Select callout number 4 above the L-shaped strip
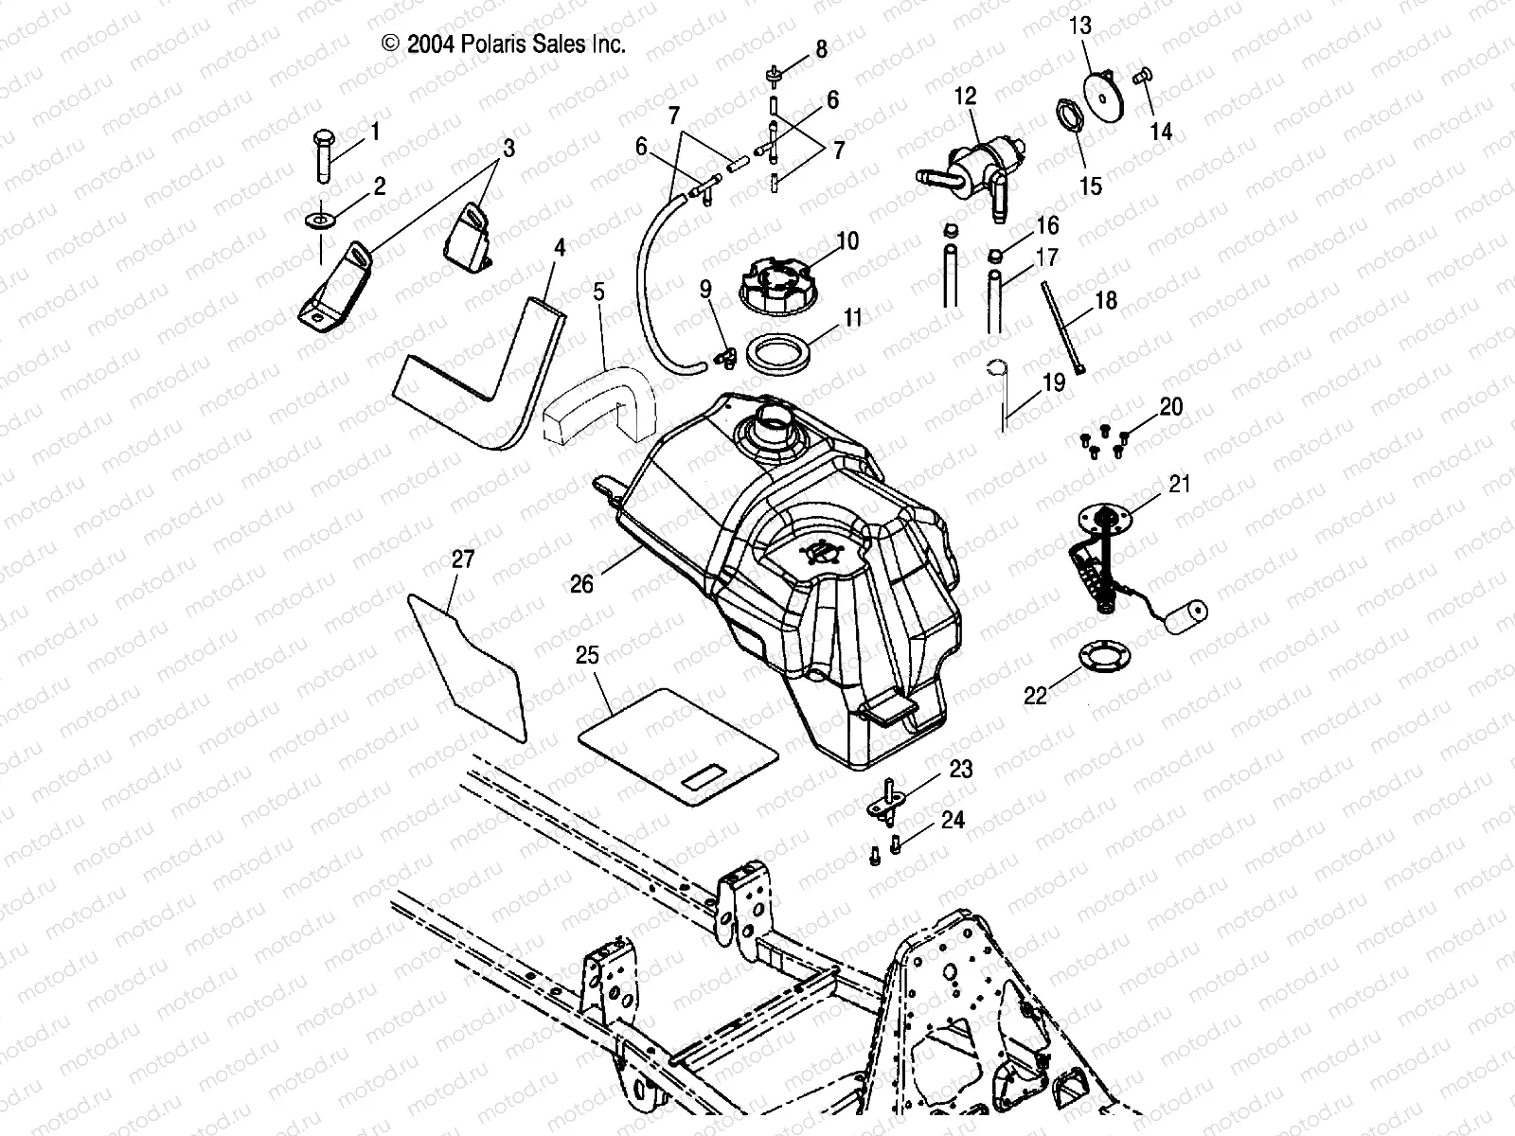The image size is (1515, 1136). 560,248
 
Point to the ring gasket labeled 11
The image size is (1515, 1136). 785,356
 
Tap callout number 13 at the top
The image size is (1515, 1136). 1080,26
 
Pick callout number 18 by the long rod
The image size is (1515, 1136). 1105,301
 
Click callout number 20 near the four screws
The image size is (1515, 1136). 1170,407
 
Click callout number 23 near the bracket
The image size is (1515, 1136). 960,770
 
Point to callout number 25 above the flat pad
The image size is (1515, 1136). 588,656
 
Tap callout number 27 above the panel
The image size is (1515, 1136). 462,559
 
